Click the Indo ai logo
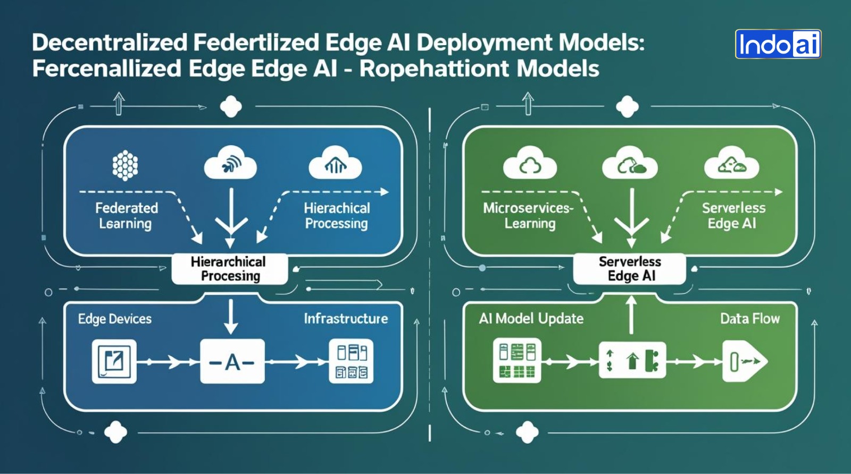tap(778, 44)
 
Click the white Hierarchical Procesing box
tap(230, 269)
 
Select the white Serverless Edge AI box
tap(630, 269)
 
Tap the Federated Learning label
tap(126, 216)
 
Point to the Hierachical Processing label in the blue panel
tap(337, 216)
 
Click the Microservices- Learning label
tap(529, 216)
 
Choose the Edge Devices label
tap(115, 319)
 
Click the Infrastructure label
tap(346, 319)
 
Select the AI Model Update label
tap(531, 319)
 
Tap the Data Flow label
tap(750, 319)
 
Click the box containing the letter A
tap(232, 362)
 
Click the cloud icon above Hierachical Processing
tap(336, 164)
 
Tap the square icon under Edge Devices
tap(114, 362)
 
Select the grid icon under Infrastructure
tap(351, 362)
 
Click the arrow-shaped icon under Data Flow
tap(744, 362)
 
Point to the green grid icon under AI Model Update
tap(517, 361)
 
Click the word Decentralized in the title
tap(110, 43)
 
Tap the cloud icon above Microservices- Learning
tap(530, 164)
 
